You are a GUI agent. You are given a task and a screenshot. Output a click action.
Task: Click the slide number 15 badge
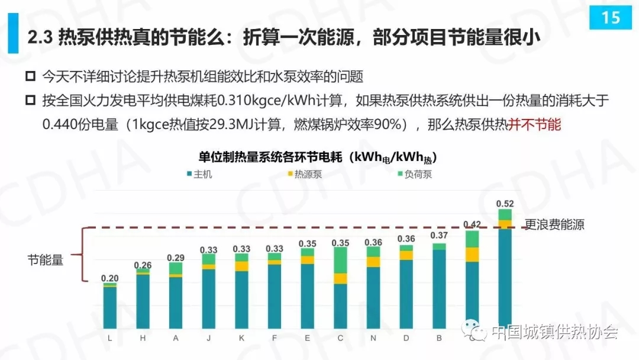coord(610,17)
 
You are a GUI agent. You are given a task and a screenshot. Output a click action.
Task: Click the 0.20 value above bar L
coord(109,278)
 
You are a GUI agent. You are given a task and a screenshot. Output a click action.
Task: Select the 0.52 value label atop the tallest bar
coord(505,204)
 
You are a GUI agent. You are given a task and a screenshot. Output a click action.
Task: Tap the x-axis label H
coord(143,337)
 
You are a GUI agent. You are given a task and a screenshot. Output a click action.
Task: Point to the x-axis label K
coord(241,337)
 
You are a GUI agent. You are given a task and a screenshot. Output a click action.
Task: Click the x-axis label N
coord(373,337)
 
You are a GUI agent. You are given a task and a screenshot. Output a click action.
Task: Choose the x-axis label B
coord(438,337)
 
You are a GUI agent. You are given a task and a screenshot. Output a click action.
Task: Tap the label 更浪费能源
coord(554,226)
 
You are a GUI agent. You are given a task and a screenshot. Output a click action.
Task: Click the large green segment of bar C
coord(340,261)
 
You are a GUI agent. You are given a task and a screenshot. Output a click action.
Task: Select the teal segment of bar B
coord(438,289)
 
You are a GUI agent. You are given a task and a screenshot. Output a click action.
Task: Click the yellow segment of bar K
coord(241,266)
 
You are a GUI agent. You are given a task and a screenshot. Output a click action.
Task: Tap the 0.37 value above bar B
coord(438,235)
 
